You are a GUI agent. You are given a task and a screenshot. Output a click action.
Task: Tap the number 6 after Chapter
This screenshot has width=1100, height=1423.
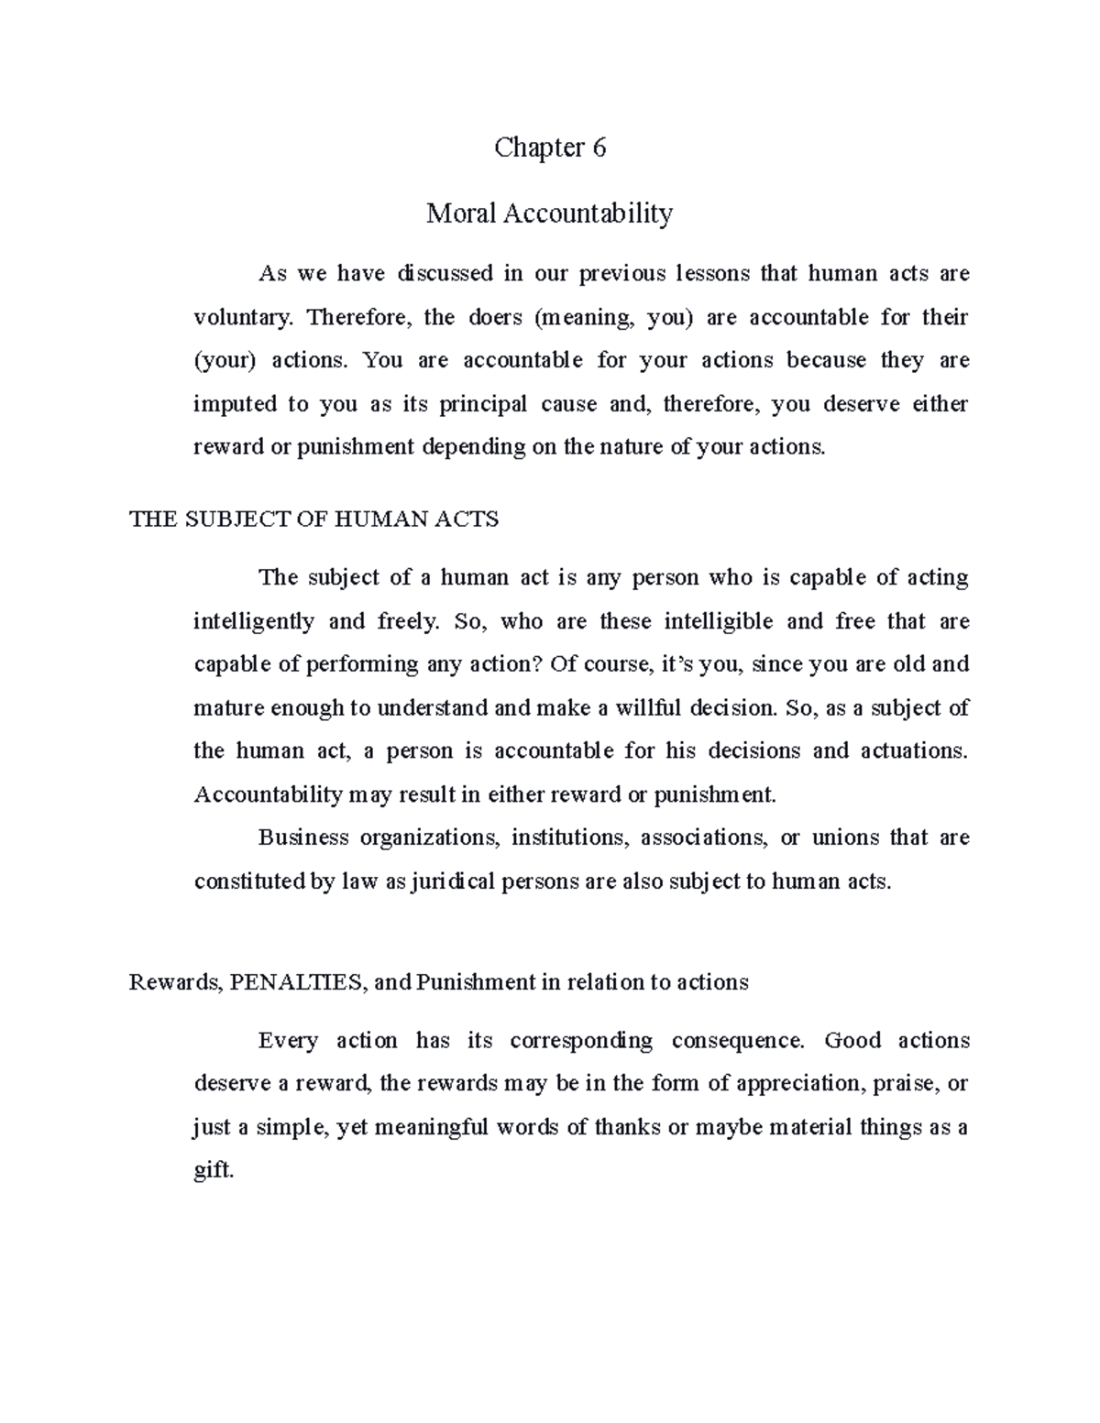click(x=599, y=148)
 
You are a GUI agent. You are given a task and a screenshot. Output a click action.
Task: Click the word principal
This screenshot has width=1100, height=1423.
click(x=483, y=404)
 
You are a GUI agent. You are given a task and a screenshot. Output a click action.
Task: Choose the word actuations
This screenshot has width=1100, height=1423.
click(x=913, y=751)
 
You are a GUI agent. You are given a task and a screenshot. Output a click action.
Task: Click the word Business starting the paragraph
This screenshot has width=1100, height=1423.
click(x=303, y=837)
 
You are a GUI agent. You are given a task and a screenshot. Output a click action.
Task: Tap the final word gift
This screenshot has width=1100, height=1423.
click(x=214, y=1171)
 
